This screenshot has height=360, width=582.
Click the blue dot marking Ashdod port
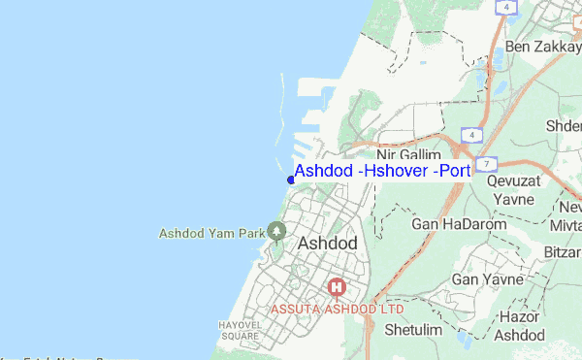pos(291,179)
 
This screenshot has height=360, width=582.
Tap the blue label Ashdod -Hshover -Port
pos(382,172)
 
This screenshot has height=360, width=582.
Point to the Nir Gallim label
pos(408,154)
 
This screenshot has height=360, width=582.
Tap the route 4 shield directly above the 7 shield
pos(472,134)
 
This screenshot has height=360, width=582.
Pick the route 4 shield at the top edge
pos(505,7)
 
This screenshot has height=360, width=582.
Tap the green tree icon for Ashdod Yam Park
pos(277,231)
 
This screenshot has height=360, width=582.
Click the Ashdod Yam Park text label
pos(211,233)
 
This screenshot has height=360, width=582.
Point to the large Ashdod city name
pos(328,243)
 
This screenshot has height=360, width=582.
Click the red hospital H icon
pos(338,286)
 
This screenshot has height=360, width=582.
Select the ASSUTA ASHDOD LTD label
pos(337,309)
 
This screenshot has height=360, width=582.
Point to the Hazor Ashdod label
pos(521,326)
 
